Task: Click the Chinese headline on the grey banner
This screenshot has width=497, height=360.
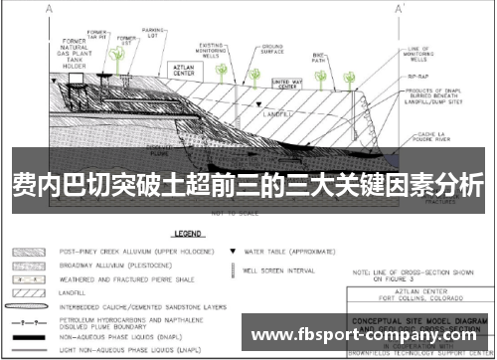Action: coord(248,184)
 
